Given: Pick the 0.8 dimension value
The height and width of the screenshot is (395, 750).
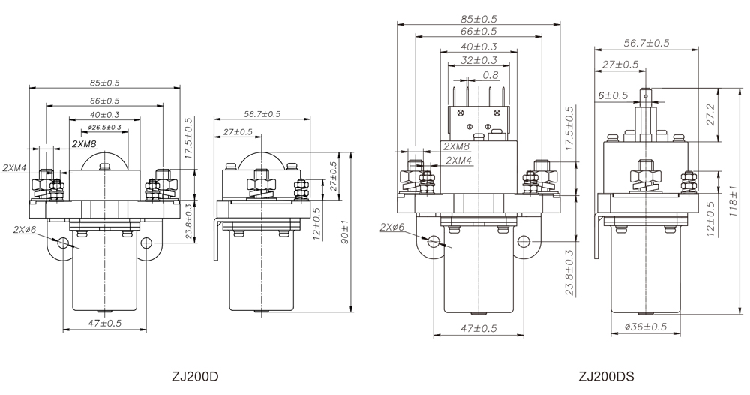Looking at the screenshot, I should (x=490, y=75).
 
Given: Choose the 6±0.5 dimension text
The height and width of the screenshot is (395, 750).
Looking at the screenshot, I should (x=613, y=95).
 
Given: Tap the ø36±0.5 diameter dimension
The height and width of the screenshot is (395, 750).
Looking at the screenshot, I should (x=644, y=327).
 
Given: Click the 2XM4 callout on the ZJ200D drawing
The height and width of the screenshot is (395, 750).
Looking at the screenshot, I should (x=15, y=167).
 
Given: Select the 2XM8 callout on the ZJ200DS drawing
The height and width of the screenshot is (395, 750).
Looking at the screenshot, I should (x=457, y=147).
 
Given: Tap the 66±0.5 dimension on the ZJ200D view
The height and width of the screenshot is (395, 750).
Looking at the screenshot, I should (x=105, y=101).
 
